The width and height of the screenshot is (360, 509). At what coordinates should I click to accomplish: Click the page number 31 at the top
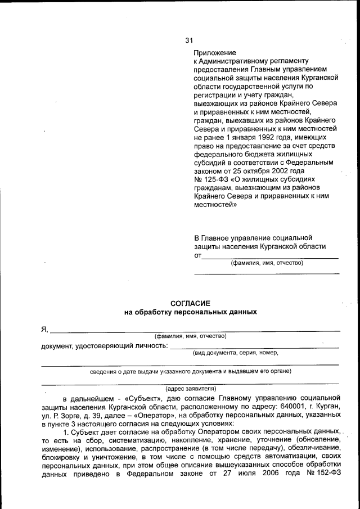coord(190,40)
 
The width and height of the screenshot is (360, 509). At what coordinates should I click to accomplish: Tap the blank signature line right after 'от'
coord(270,257)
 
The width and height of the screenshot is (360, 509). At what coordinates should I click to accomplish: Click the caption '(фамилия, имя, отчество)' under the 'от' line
coord(267,263)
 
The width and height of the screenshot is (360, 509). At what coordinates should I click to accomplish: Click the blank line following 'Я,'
coord(195,331)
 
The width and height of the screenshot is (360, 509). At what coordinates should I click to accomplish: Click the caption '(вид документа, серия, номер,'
coord(235,353)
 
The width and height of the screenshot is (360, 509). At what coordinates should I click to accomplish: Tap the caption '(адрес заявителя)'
coord(191,389)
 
